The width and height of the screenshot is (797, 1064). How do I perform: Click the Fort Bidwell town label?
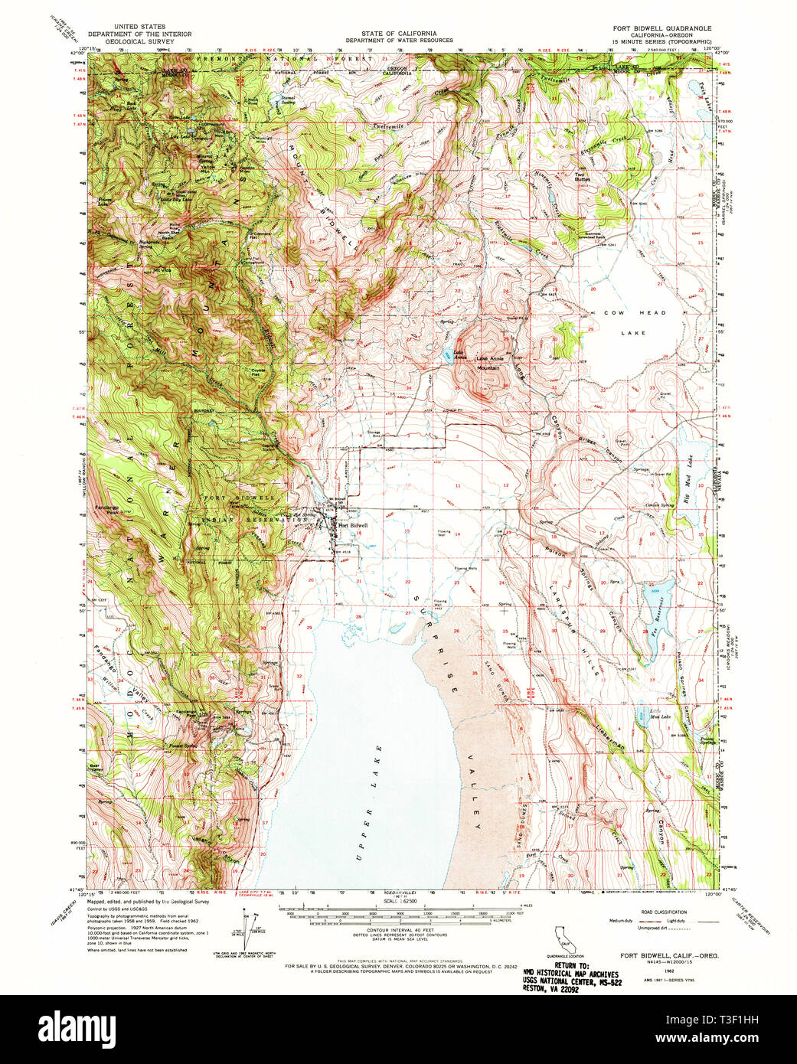coord(354,525)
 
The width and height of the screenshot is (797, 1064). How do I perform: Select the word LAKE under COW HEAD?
coord(633,333)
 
